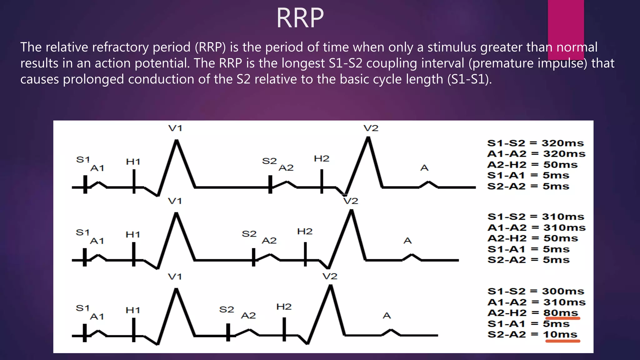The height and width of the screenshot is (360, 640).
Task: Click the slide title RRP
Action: click(300, 18)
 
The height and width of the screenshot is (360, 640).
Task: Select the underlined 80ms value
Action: click(561, 313)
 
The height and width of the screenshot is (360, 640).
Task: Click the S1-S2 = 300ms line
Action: click(536, 291)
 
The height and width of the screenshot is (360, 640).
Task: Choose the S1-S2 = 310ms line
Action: click(536, 217)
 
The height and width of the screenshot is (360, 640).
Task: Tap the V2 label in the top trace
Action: click(371, 128)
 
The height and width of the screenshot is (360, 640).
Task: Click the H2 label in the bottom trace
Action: click(284, 307)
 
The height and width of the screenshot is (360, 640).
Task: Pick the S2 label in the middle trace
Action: click(249, 234)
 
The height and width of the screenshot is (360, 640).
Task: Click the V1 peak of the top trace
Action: click(177, 141)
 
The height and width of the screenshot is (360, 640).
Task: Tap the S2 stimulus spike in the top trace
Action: click(270, 184)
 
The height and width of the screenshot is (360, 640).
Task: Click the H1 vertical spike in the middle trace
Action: click(134, 254)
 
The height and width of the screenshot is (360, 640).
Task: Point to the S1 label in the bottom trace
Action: click(82, 308)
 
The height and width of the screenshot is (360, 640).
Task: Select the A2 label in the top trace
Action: click(286, 168)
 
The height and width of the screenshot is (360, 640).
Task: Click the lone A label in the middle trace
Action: click(407, 241)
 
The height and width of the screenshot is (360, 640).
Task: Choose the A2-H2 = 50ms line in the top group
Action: click(532, 165)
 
